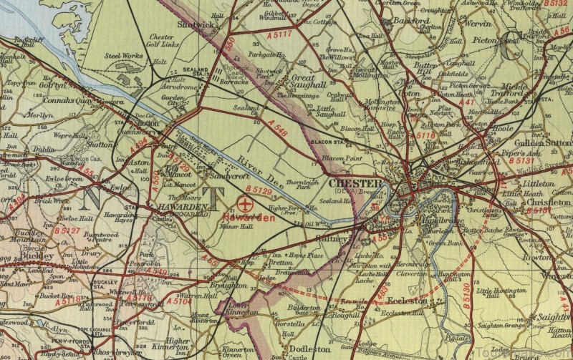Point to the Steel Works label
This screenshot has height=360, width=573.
(122, 55)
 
